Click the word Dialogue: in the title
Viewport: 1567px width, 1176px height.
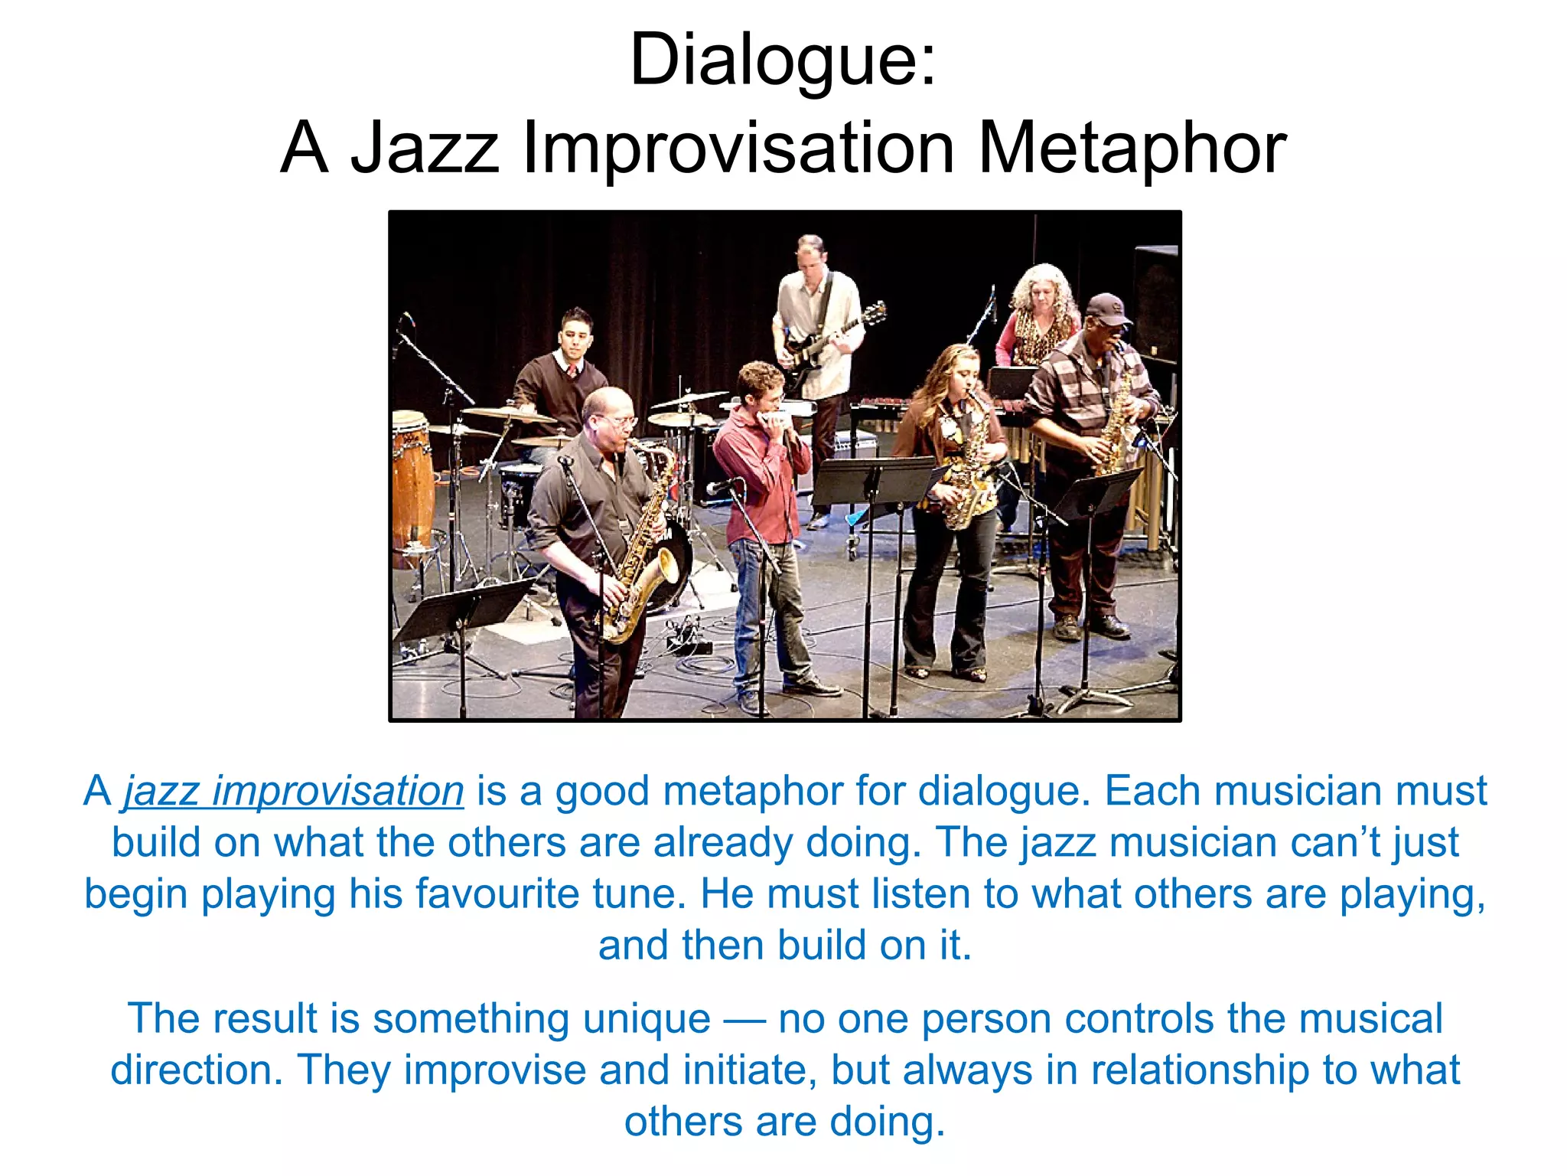pyautogui.click(x=782, y=61)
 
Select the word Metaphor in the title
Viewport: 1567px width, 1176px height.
pyautogui.click(x=1132, y=149)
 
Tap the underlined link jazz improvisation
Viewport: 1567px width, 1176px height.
pyautogui.click(x=294, y=792)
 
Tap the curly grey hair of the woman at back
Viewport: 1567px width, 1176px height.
pyautogui.click(x=1041, y=287)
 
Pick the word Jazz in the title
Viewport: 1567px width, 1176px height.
pyautogui.click(x=425, y=149)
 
